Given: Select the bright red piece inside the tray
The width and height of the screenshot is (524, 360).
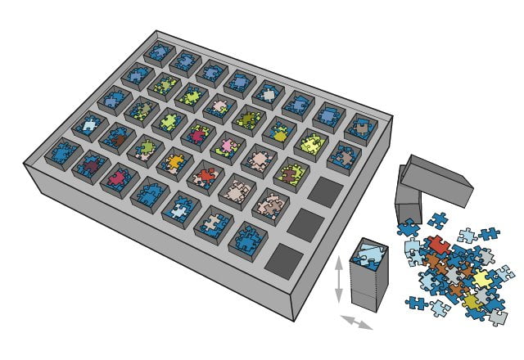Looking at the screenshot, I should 205,175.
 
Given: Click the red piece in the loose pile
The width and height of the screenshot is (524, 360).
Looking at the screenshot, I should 439,244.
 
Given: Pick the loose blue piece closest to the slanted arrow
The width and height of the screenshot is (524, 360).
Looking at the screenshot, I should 415,304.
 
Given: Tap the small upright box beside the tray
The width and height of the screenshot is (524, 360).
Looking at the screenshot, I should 368,278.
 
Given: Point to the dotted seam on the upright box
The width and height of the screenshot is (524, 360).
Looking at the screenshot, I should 368,289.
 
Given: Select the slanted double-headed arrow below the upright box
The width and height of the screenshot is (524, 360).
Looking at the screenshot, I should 356,322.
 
